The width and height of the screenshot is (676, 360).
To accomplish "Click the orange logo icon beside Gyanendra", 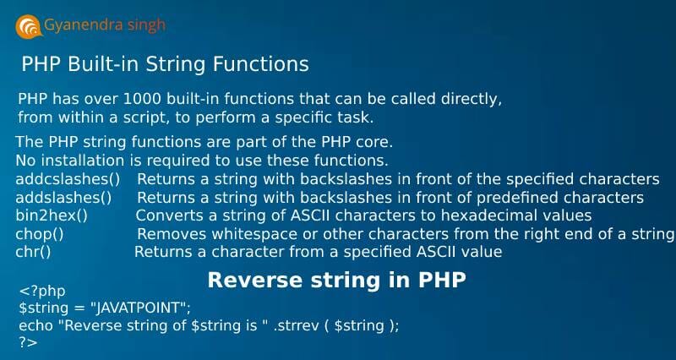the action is [x=29, y=27].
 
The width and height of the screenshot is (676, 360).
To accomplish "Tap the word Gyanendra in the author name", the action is [x=78, y=25].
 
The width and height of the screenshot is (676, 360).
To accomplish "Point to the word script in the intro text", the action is [x=146, y=117].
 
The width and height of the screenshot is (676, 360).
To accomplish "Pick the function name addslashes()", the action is [x=63, y=198].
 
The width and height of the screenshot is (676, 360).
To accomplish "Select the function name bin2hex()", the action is [x=52, y=215].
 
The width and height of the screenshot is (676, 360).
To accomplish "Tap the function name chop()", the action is [x=39, y=234].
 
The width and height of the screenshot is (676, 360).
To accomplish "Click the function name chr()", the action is [x=33, y=252].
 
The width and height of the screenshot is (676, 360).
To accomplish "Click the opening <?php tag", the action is [x=42, y=292].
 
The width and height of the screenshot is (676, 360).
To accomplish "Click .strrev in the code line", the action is [x=297, y=325].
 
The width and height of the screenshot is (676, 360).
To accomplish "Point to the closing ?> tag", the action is [x=28, y=343].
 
